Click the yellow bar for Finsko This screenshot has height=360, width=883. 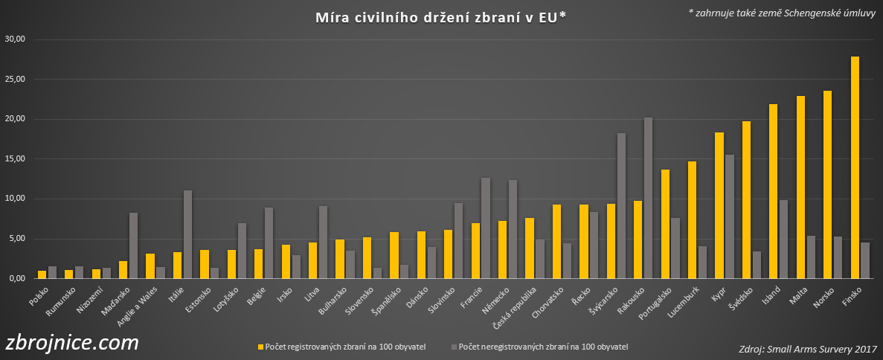[855, 167]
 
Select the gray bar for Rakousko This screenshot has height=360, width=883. [648, 198]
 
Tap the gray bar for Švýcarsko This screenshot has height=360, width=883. [621, 205]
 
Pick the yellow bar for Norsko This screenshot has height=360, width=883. [827, 184]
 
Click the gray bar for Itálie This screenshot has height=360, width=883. [188, 234]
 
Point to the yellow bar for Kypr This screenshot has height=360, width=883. [719, 205]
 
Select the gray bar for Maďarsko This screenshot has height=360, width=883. [134, 245]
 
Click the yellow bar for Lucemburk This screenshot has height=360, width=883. [692, 219]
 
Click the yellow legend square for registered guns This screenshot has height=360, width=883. [260, 347]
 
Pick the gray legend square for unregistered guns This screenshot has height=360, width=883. [454, 347]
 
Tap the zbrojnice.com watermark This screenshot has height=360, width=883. [71, 343]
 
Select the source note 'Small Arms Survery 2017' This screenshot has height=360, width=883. [808, 349]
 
